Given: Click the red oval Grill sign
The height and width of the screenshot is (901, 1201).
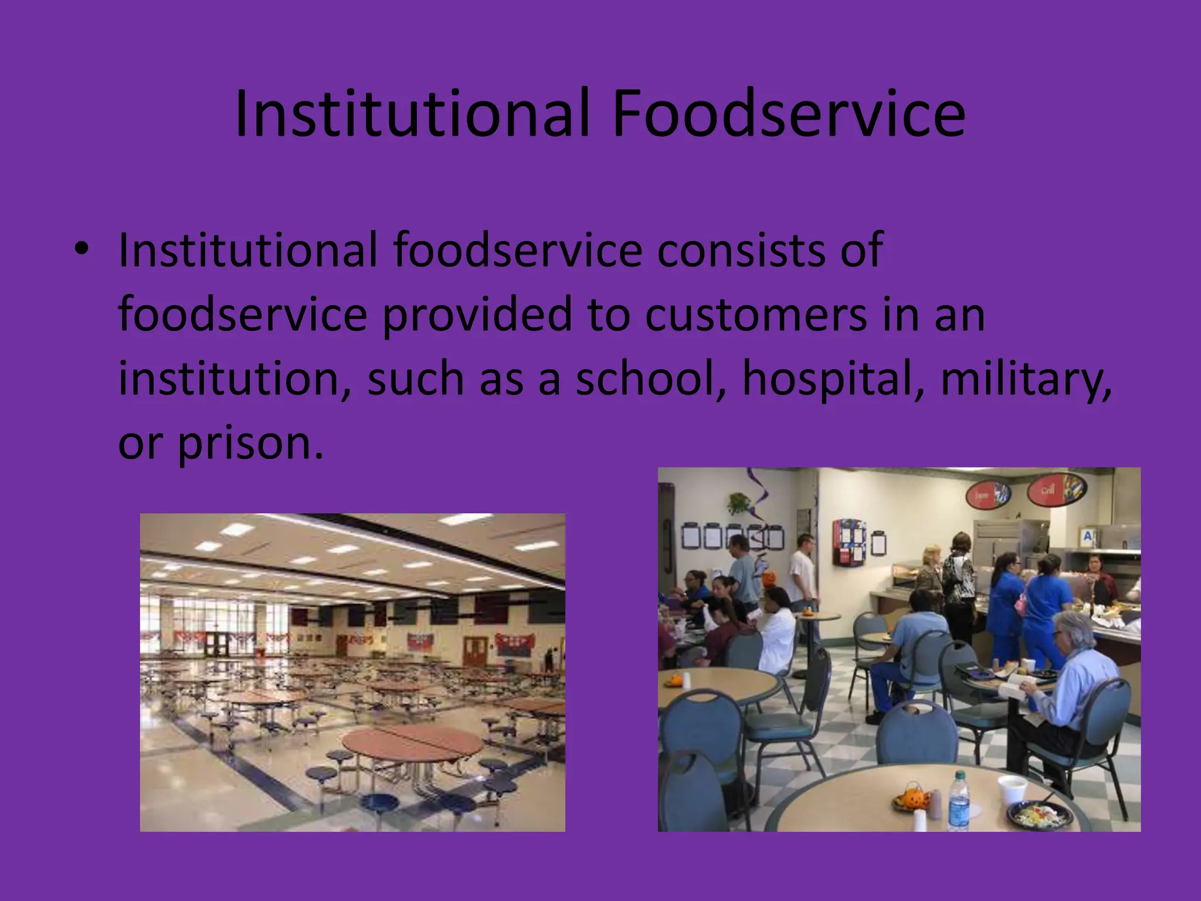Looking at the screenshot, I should [x=1048, y=490].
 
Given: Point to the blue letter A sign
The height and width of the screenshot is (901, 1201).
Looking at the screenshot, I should [x=1088, y=536].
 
